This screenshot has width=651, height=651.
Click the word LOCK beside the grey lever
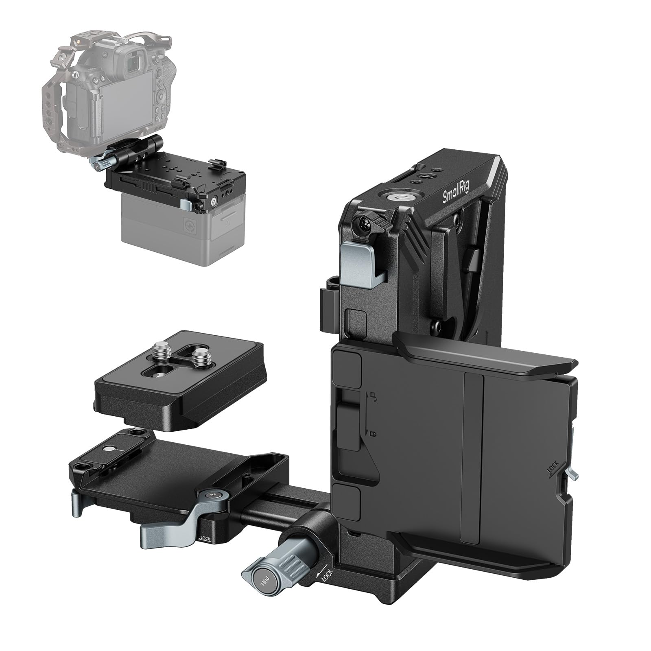click(x=205, y=538)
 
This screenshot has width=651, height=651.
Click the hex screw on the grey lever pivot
click(x=212, y=494)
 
